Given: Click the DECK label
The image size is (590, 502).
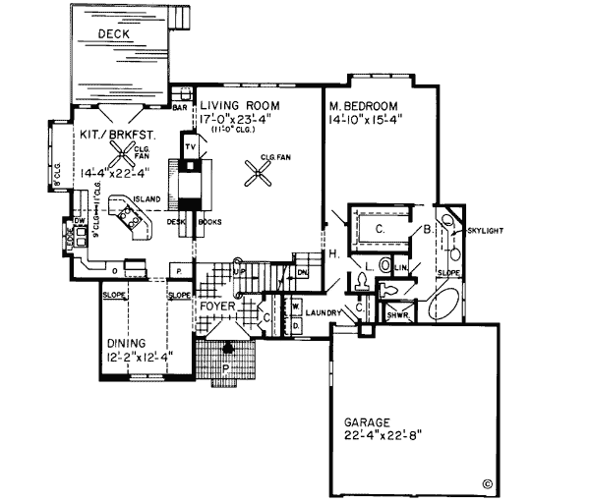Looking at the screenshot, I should [x=116, y=35].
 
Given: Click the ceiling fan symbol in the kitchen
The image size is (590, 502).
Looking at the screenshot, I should [x=122, y=150].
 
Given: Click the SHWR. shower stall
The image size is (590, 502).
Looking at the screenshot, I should [x=397, y=313].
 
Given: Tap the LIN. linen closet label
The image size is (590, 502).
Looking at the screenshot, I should [x=400, y=266].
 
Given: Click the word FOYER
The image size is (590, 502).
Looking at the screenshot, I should [x=217, y=306].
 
